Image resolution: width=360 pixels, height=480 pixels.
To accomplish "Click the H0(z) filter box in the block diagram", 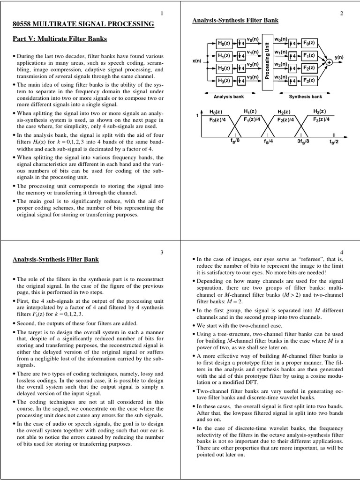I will pyautogui.click(x=224, y=43).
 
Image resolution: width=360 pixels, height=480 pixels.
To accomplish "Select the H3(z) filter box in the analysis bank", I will pyautogui.click(x=224, y=80).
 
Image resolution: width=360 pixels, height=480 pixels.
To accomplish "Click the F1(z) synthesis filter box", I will pyautogui.click(x=308, y=55).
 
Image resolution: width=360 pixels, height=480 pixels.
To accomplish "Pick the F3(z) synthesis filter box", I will pyautogui.click(x=308, y=80).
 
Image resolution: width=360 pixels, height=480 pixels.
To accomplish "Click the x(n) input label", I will pyautogui.click(x=197, y=61).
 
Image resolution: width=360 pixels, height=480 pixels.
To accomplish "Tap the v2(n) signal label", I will pyautogui.click(x=253, y=64).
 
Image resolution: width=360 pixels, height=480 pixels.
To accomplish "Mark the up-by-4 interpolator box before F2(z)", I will pyautogui.click(x=292, y=68).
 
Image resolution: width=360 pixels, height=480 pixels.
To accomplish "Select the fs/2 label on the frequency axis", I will pyautogui.click(x=333, y=141).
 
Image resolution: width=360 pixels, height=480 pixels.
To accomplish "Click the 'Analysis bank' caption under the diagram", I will pyautogui.click(x=227, y=97).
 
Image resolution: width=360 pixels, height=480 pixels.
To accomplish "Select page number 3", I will pyautogui.click(x=162, y=252).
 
